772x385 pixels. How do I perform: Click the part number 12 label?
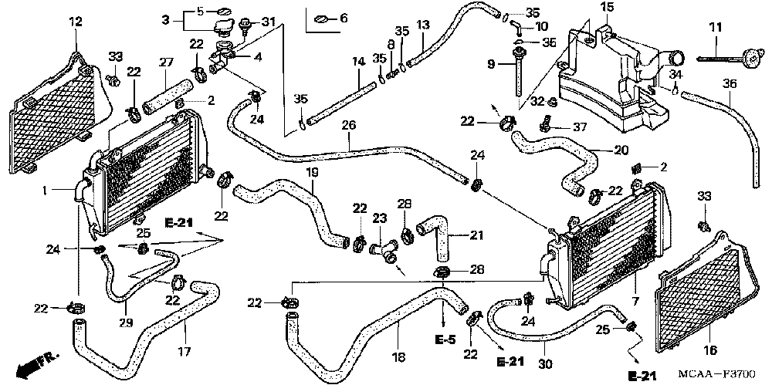(75, 21)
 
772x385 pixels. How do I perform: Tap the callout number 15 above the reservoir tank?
(608, 8)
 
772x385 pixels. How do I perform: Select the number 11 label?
(715, 29)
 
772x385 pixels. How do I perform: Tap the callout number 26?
(349, 125)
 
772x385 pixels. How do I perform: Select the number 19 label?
(313, 173)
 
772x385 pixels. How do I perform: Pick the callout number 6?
(344, 17)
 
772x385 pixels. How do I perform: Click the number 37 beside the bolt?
(580, 127)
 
